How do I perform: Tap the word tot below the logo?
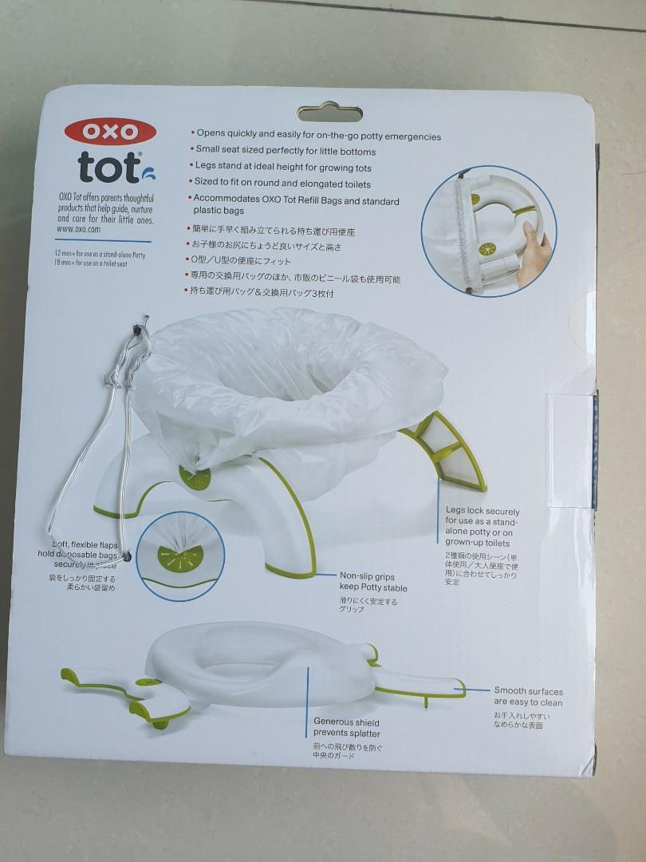tap(108, 167)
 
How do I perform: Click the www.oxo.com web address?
tap(77, 229)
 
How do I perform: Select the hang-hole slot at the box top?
tap(329, 113)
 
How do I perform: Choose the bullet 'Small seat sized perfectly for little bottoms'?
tap(284, 152)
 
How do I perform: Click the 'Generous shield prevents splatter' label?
tap(346, 727)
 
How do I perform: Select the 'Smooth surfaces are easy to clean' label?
tap(528, 696)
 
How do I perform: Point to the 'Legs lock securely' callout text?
tap(482, 527)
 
